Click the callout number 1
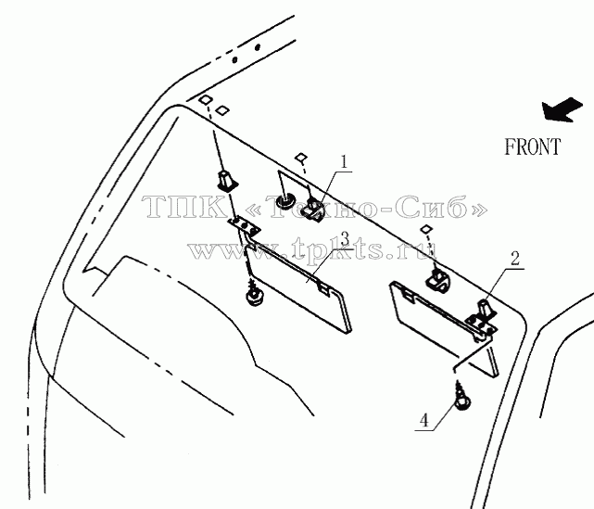pos(344,162)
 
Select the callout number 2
pos(515,259)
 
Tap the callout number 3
pos(344,239)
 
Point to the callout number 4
pos(424,421)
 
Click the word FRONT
pos(532,146)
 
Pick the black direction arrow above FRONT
pos(562,109)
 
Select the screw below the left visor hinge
pos(254,292)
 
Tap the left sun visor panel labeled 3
pos(299,288)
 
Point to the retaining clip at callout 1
pos(313,210)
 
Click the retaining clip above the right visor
pos(438,279)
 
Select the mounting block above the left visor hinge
pos(227,179)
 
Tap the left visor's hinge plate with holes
pos(245,226)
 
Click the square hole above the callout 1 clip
pos(301,157)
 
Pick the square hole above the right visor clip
pos(425,229)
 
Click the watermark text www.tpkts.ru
pos(313,250)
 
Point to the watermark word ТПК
pos(184,207)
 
